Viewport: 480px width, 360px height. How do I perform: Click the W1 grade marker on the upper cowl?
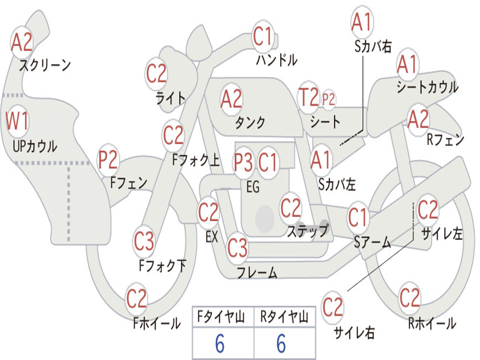[x=17, y=120]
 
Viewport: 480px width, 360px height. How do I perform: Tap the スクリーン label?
[x=45, y=65]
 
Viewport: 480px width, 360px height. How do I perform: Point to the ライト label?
[x=171, y=98]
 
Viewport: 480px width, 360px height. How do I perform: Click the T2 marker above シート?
[x=308, y=97]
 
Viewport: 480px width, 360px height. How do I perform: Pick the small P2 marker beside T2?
[x=329, y=99]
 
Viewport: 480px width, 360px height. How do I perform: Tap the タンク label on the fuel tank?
[x=250, y=122]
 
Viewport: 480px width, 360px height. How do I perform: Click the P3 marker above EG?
[x=243, y=163]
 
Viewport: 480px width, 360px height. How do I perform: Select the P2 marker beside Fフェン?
[x=108, y=160]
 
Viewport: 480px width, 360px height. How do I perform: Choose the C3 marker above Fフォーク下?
[x=144, y=241]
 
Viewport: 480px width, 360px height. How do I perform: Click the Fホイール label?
[x=157, y=323]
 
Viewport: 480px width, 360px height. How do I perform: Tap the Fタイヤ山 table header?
[x=222, y=317]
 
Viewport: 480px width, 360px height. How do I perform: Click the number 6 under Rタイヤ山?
[x=281, y=343]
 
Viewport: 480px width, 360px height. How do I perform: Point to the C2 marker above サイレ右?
[x=332, y=307]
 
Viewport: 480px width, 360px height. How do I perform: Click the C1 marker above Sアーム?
[x=358, y=217]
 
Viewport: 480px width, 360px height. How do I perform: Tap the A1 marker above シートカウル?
[x=407, y=65]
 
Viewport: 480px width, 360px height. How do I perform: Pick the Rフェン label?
[x=446, y=140]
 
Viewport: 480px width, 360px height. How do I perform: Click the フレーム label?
[x=257, y=272]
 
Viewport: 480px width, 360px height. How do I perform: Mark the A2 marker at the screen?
[x=22, y=42]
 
